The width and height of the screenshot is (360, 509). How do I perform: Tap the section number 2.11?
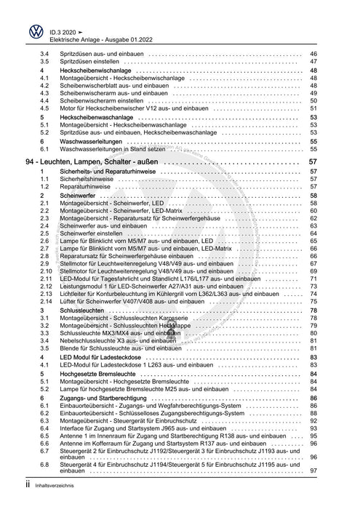[x=47, y=278]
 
